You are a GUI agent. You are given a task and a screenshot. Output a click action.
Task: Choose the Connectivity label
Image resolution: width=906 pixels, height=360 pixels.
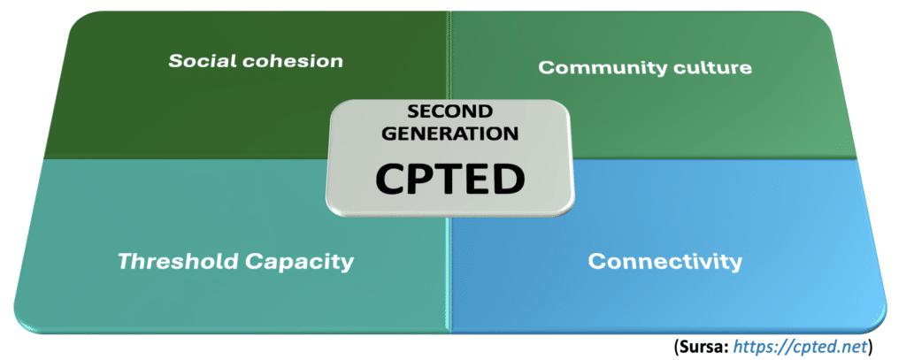(x=664, y=262)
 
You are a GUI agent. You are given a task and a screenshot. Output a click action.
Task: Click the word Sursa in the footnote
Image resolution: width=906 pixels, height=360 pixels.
(x=698, y=343)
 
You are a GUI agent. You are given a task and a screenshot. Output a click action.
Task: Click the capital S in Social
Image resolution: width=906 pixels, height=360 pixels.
(x=174, y=61)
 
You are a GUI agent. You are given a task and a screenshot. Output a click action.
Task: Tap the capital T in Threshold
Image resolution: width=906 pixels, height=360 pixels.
(x=125, y=261)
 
